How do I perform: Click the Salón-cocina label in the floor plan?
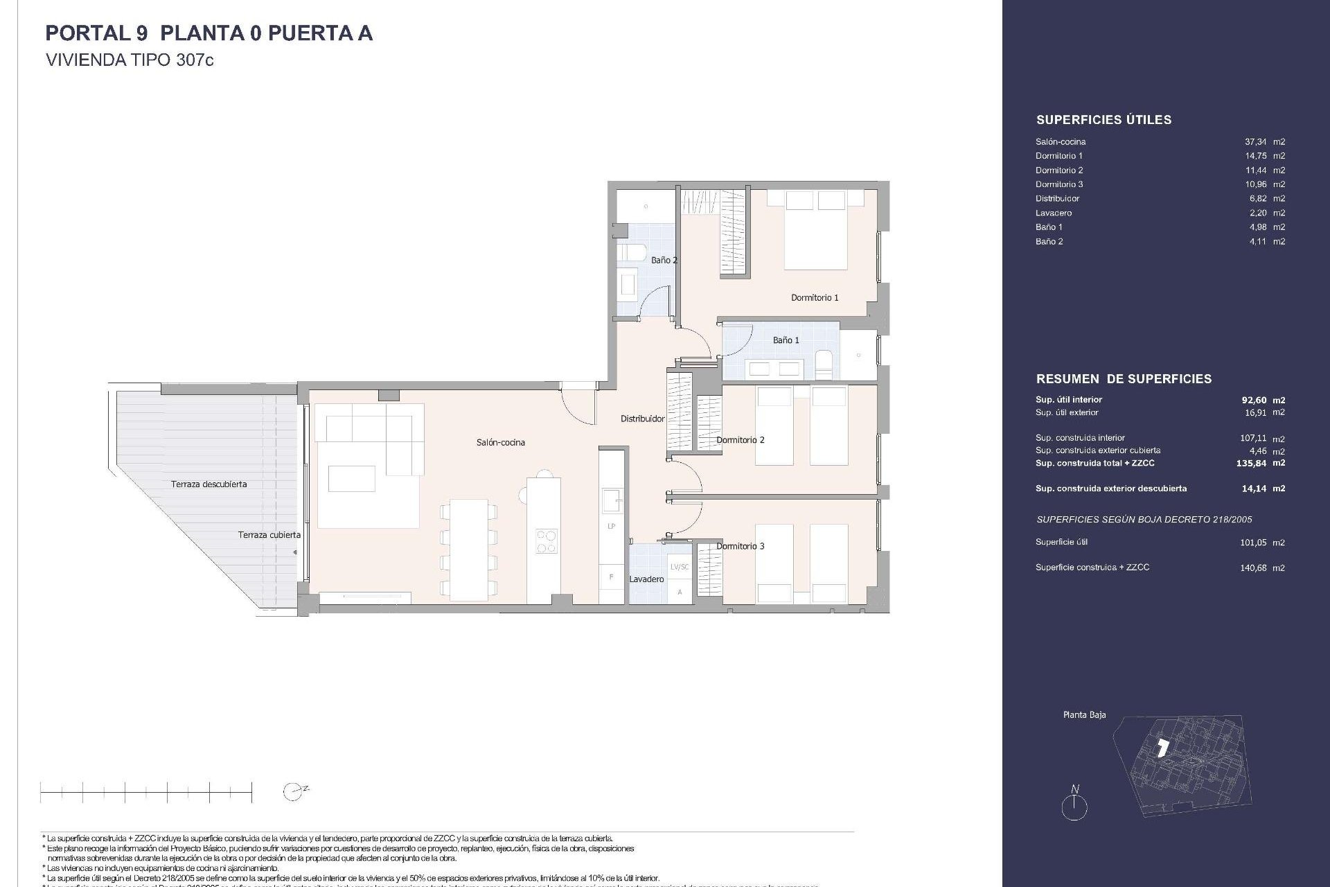500,442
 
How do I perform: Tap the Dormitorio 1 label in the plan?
815,297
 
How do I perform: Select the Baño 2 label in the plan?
664,260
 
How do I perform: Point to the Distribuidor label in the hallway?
642,419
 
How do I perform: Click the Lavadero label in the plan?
646,579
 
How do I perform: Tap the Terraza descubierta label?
209,484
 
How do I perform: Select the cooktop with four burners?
546,541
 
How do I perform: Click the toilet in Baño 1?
824,364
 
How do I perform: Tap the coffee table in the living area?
352,478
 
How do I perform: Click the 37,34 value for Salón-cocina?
1256,141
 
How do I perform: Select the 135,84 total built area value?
1252,463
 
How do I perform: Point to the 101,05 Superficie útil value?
1253,543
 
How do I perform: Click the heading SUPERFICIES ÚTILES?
1103,120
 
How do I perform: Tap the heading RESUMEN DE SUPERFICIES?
1124,379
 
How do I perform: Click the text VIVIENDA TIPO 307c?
130,60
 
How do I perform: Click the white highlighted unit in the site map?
1163,748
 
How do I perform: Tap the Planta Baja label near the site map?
1084,714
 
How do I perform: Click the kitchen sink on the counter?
611,499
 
